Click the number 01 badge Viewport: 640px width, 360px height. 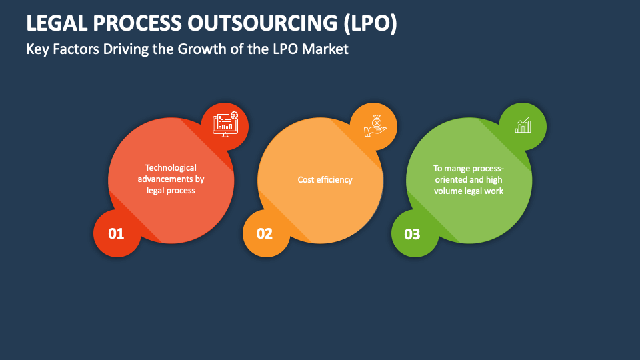117,233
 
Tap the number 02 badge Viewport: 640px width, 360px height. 265,233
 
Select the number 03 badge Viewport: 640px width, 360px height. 413,233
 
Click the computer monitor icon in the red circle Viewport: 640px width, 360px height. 225,125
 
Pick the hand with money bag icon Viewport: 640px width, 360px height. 373,126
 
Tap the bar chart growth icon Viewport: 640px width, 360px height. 523,125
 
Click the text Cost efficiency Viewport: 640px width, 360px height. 325,179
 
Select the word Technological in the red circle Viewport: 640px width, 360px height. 171,168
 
